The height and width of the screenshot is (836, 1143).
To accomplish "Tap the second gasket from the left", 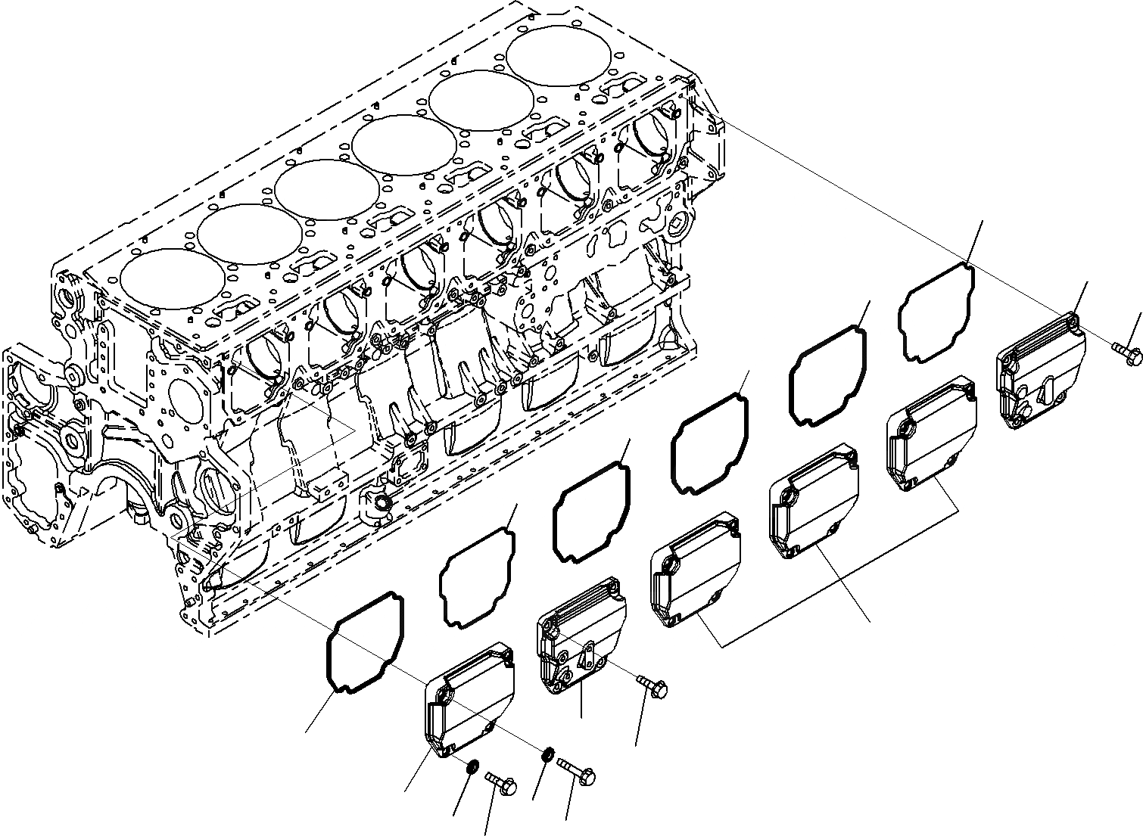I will click(477, 577).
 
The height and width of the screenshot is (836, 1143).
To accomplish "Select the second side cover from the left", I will click(581, 635).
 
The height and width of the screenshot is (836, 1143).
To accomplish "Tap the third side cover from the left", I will click(695, 568).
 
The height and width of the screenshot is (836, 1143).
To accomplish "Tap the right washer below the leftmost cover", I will click(548, 755).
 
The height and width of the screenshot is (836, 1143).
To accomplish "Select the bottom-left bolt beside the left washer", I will click(500, 782).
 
